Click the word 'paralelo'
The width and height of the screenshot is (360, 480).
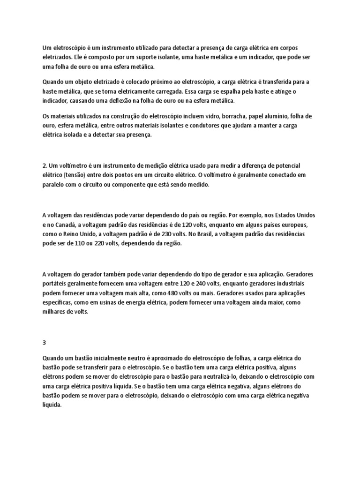tap(54, 185)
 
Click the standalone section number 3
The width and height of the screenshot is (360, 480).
tap(44, 342)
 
